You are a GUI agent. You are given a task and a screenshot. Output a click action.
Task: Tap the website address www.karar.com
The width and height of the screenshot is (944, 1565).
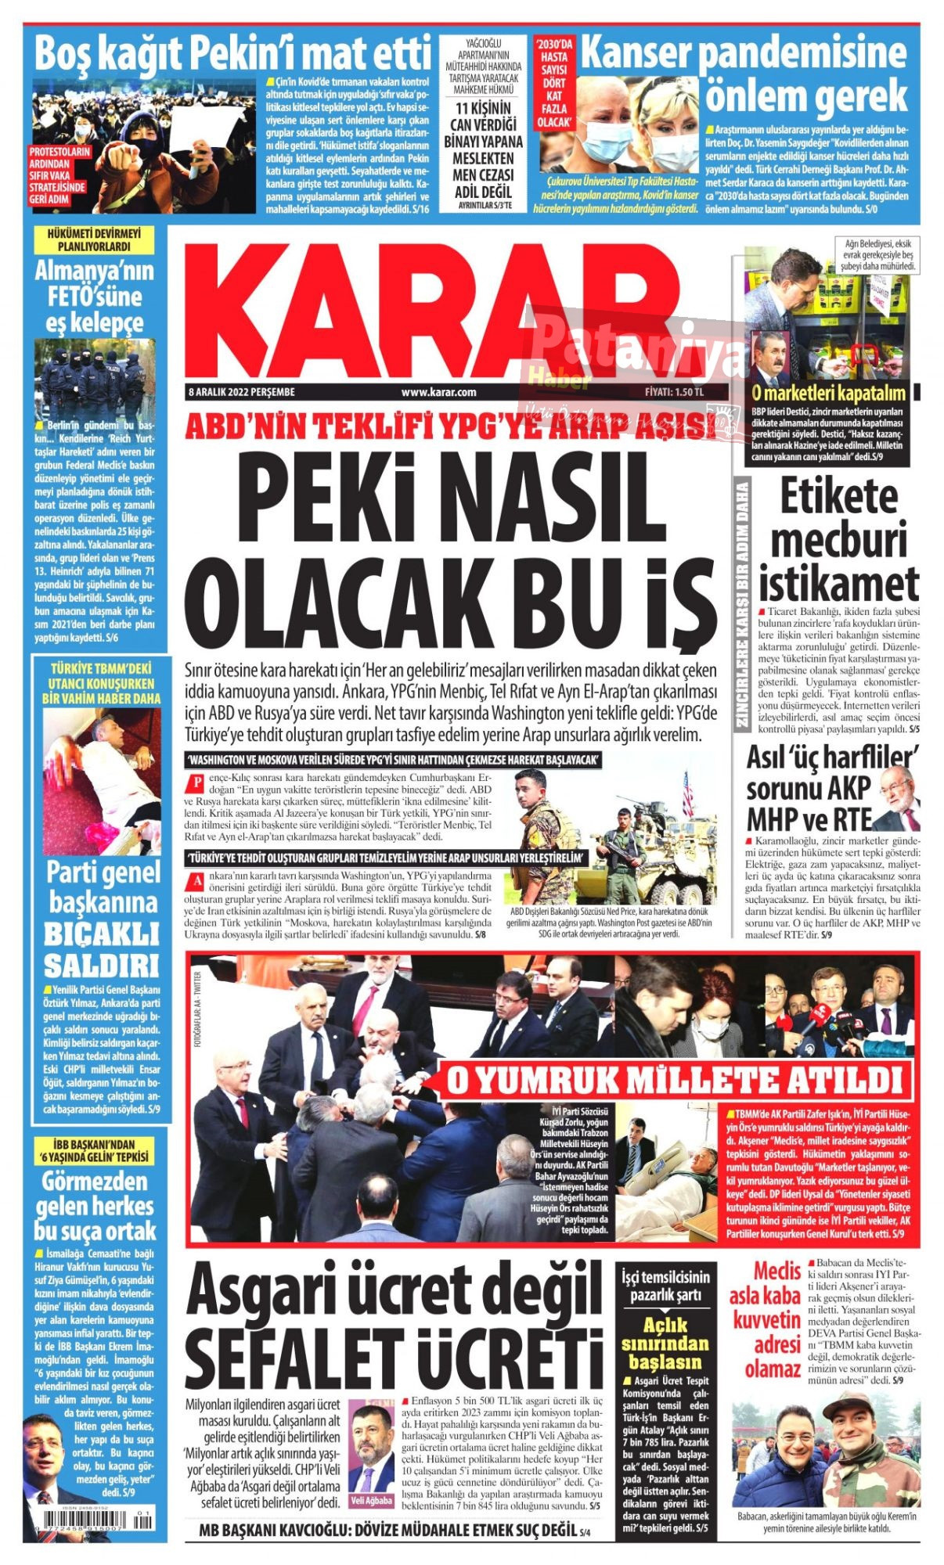438,392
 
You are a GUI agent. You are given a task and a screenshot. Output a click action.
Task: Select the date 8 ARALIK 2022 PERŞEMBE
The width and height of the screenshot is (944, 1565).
242,392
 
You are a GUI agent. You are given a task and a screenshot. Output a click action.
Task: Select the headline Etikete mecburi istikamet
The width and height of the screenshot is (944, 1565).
838,540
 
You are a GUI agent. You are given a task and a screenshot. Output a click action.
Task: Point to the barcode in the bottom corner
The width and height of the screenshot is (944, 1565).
94,1538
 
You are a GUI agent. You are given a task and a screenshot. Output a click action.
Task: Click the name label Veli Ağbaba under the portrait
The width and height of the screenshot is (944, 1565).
371,1500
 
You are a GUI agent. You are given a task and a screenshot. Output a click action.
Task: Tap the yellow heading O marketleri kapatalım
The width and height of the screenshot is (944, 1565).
828,394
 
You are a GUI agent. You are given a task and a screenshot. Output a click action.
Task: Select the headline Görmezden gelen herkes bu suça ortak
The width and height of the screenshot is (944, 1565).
95,1205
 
